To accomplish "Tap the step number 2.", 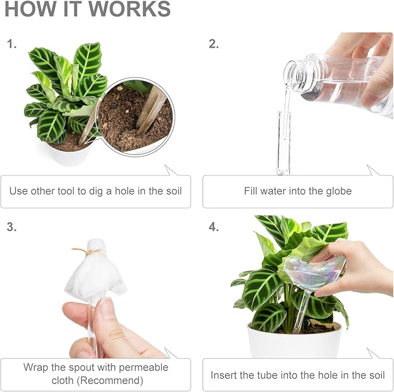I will coord(214,44).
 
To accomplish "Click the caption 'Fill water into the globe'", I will coord(298,190).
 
